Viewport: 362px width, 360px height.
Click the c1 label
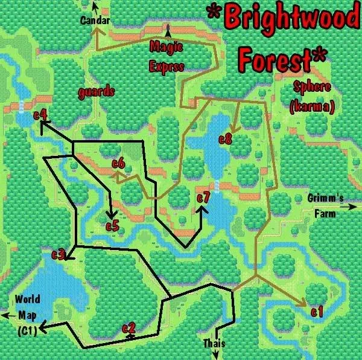tap(317, 312)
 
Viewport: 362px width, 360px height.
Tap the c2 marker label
tap(129, 328)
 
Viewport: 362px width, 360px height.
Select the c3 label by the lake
tap(58, 254)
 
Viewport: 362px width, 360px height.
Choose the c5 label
tap(113, 227)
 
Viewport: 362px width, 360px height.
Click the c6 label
tap(118, 163)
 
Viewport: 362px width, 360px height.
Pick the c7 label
tap(203, 198)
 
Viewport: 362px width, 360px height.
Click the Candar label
tap(95, 21)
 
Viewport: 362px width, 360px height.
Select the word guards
tap(96, 92)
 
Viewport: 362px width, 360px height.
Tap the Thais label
tap(214, 344)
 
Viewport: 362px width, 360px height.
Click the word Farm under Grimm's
tap(325, 213)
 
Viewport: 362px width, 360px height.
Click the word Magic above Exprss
tap(166, 46)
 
